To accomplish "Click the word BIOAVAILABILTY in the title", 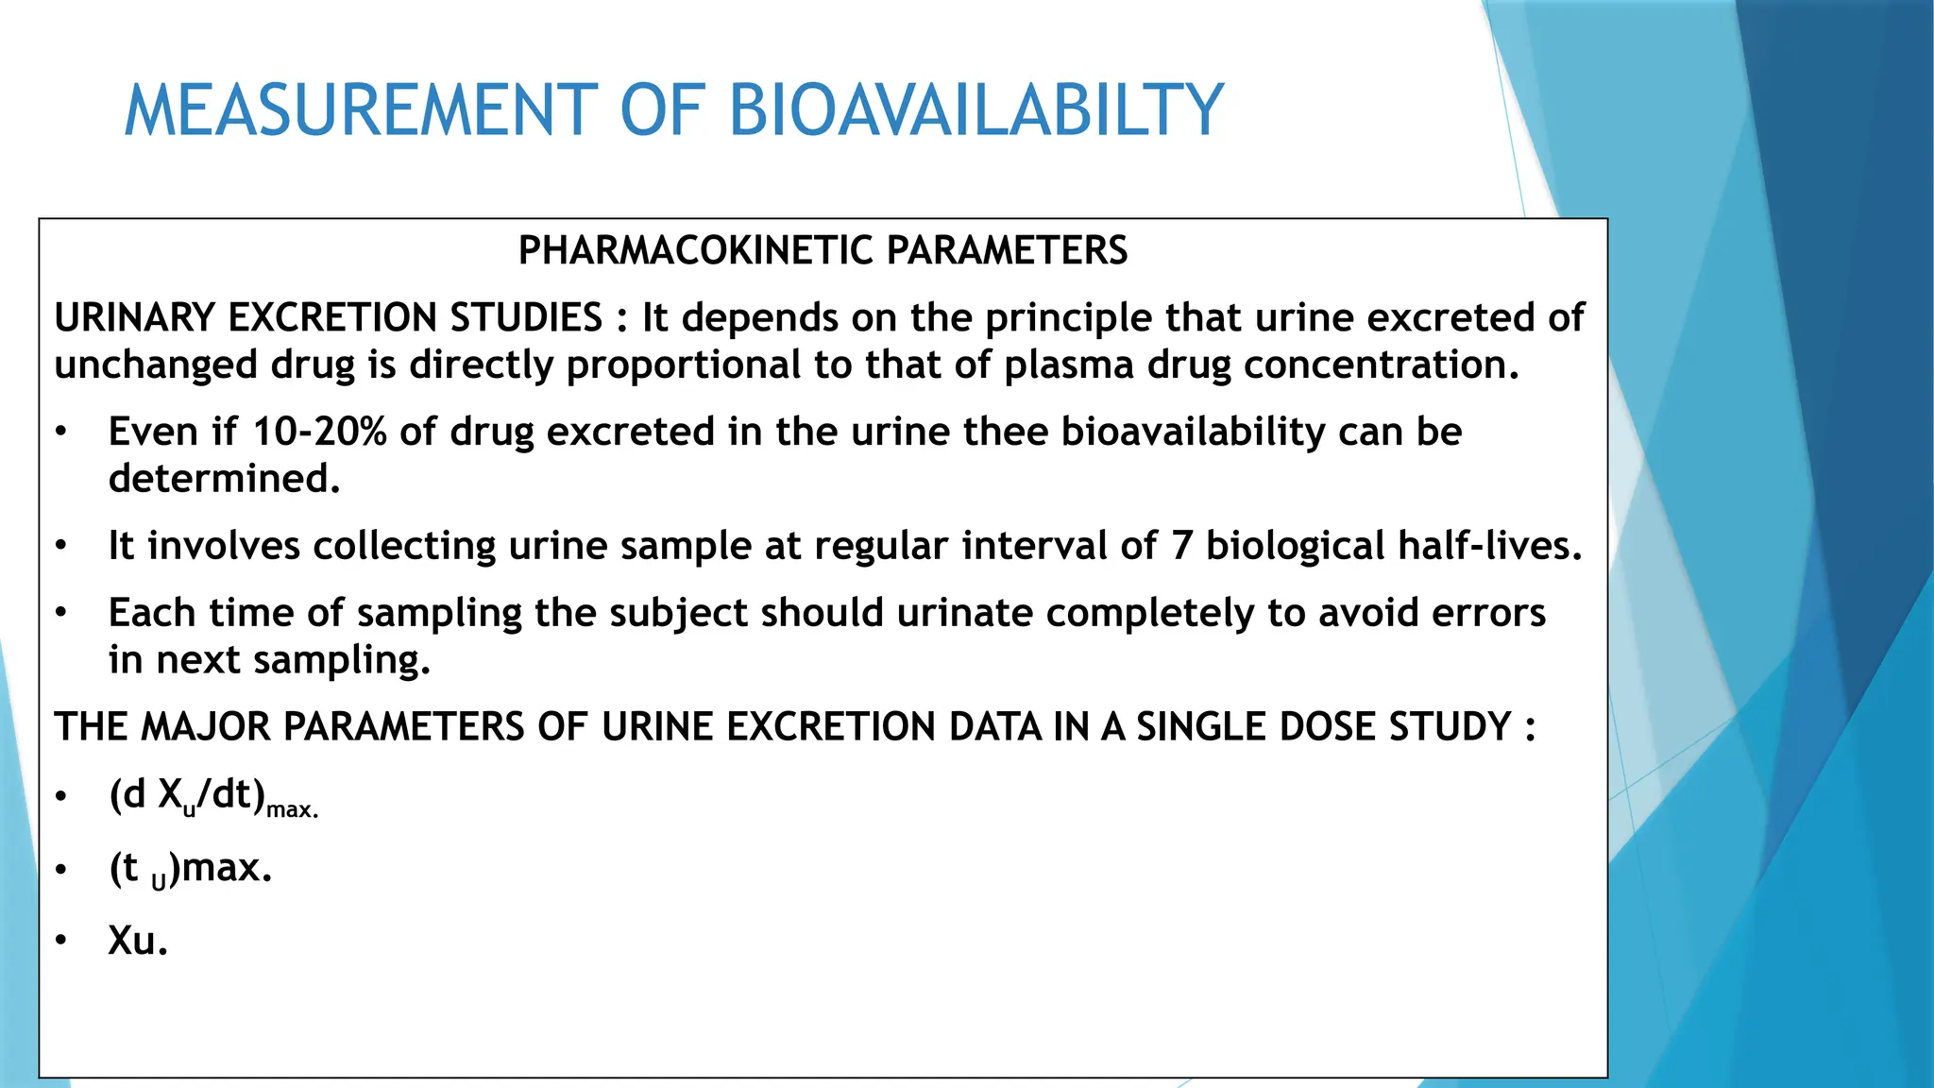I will pos(976,111).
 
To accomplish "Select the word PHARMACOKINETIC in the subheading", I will pos(696,251).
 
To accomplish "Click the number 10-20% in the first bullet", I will pos(319,433).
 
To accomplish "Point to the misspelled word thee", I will pos(1006,433).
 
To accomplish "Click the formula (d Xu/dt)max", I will pos(213,797).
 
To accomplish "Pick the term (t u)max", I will pos(190,869).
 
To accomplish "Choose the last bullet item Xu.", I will pos(138,942).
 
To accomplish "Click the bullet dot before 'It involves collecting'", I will pos(61,547).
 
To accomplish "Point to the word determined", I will pos(224,479).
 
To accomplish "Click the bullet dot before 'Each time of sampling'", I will pos(61,614).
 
